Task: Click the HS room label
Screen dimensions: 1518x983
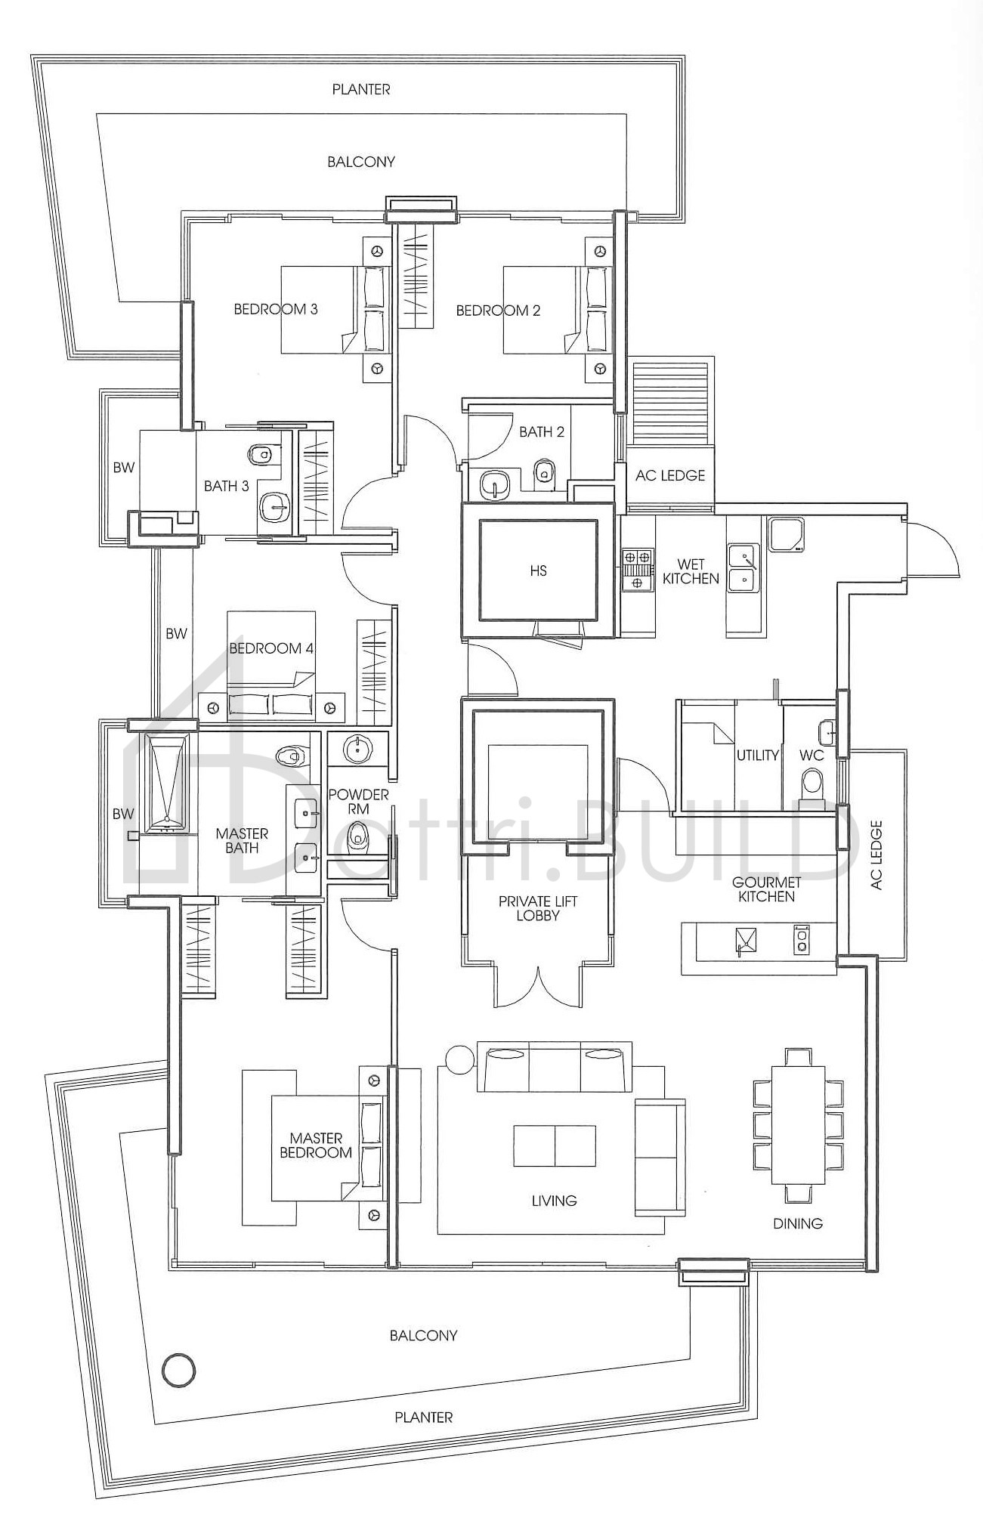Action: point(538,570)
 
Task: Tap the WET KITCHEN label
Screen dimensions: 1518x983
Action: point(691,571)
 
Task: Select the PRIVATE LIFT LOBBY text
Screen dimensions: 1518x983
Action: point(537,908)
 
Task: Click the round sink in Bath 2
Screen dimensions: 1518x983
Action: point(495,484)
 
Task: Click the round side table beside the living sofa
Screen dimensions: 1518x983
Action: point(459,1057)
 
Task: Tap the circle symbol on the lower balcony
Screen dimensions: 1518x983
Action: point(179,1369)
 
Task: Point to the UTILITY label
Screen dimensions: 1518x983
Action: point(757,755)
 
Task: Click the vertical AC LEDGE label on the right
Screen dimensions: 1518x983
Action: point(876,855)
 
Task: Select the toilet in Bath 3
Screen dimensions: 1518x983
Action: point(261,453)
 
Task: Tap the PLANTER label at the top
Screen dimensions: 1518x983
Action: point(361,89)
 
